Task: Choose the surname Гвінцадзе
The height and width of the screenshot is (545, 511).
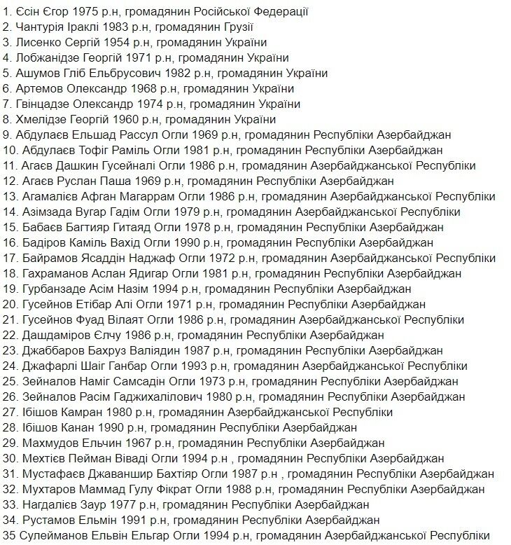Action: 43,104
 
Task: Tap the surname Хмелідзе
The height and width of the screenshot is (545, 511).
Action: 41,120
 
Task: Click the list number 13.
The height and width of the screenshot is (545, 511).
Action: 9,197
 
